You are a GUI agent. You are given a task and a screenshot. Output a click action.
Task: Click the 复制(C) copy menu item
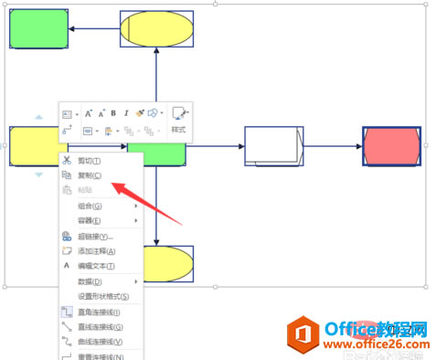[x=90, y=175]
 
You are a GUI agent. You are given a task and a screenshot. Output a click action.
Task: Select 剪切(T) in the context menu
[x=90, y=161]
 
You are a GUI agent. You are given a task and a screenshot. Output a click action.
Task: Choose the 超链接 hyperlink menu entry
[x=95, y=236]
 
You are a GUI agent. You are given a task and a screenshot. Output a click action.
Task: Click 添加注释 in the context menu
[x=96, y=250]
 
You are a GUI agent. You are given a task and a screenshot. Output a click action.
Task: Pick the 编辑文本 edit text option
[x=96, y=266]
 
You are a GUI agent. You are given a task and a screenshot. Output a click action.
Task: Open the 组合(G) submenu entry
[x=90, y=206]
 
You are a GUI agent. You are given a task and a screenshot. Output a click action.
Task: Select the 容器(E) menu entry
[x=90, y=220]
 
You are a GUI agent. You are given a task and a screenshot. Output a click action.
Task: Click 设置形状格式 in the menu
[x=103, y=296]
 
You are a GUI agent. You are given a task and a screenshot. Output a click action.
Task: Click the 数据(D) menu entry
[x=90, y=281]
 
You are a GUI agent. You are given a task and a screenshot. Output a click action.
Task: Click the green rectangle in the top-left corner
[x=38, y=30]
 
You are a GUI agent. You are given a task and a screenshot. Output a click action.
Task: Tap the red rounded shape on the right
[x=391, y=146]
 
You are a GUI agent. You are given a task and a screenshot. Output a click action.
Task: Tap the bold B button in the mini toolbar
[x=113, y=114]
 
